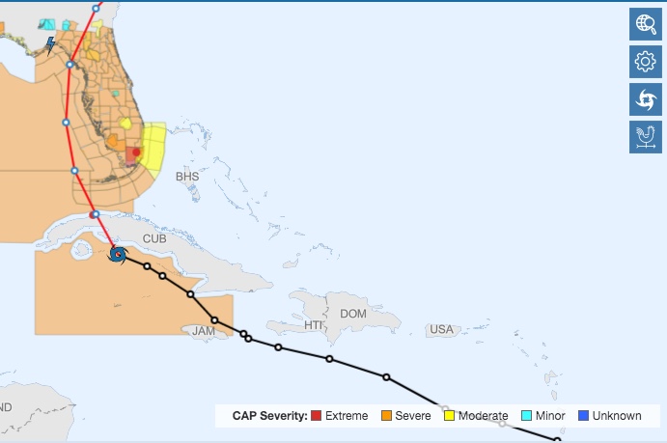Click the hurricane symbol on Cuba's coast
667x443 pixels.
tap(118, 255)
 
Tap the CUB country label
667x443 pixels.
tap(154, 238)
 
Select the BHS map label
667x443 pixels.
tap(186, 177)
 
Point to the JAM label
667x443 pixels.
tap(204, 331)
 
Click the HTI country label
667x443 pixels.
tap(314, 326)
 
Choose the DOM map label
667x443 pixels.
tap(354, 314)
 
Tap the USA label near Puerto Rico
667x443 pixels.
tap(441, 330)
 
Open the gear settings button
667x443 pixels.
tap(645, 63)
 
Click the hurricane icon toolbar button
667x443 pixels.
tap(645, 99)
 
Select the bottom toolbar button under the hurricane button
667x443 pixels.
tap(645, 136)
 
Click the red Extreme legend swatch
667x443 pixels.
tap(316, 416)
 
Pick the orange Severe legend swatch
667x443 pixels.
tap(383, 416)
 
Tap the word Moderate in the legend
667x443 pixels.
tap(483, 416)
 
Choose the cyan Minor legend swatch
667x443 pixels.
tap(527, 416)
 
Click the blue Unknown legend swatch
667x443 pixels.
tap(583, 416)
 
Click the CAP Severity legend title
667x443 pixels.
tap(269, 416)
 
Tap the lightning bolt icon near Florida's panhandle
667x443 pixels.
tap(50, 44)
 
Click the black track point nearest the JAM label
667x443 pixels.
tap(214, 320)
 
